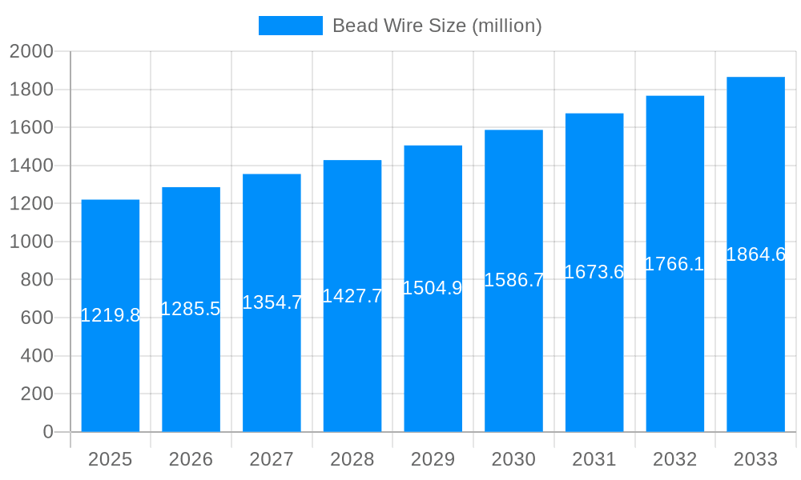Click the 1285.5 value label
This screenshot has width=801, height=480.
191,309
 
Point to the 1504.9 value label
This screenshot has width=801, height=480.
433,288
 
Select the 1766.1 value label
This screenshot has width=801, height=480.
674,264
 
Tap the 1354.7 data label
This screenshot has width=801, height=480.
272,302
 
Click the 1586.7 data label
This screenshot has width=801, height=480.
513,280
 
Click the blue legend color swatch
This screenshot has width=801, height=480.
290,26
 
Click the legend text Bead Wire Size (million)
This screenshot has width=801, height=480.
437,26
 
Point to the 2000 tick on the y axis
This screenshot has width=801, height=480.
31,51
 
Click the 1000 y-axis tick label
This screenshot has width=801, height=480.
31,242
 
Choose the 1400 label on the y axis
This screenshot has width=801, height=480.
31,166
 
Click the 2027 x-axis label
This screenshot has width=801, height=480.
272,459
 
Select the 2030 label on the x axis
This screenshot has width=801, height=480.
513,459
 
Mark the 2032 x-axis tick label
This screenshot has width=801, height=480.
674,459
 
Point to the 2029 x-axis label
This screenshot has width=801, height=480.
433,459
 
